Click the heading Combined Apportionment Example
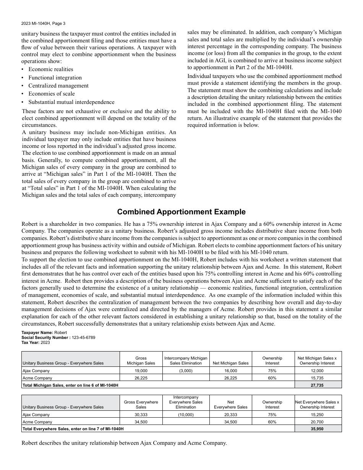pyautogui.click(x=181, y=212)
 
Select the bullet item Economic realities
pyautogui.click(x=50, y=69)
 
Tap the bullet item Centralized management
pyautogui.click(x=58, y=86)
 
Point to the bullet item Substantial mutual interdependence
pyautogui.click(x=71, y=102)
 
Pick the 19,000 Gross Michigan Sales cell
pyautogui.click(x=141, y=371)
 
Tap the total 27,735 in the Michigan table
pyautogui.click(x=318, y=385)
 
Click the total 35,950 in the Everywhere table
pyautogui.click(x=318, y=429)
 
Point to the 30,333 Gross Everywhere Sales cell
pyautogui.click(x=141, y=415)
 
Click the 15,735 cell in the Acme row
pyautogui.click(x=318, y=378)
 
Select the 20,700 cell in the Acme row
pyautogui.click(x=318, y=422)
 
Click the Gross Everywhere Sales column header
pyautogui.click(x=141, y=404)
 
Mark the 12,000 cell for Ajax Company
pyautogui.click(x=318, y=371)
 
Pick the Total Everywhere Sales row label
pyautogui.click(x=73, y=429)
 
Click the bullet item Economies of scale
pyautogui.click(x=52, y=94)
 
